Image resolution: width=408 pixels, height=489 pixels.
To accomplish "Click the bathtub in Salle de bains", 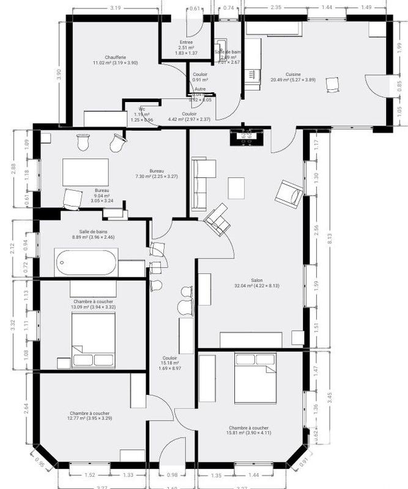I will (85, 263).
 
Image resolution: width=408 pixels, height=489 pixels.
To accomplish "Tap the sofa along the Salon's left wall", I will (202, 183).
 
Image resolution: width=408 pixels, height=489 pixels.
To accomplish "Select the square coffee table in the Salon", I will (236, 188).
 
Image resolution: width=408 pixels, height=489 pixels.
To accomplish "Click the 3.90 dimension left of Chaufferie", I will (59, 74).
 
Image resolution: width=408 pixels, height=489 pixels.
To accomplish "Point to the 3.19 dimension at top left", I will (114, 9).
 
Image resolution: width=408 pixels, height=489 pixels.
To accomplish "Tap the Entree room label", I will (186, 42).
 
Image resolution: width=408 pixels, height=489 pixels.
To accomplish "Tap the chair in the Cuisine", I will (333, 84).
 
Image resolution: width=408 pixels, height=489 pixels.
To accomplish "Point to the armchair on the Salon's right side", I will (288, 194).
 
